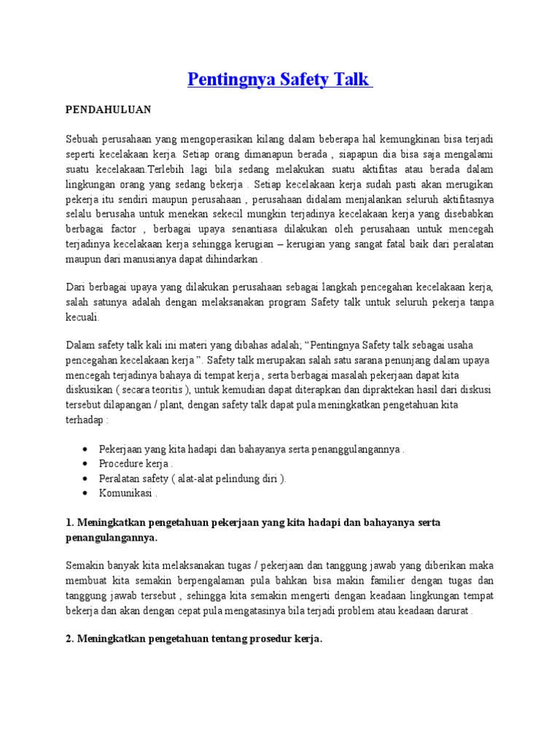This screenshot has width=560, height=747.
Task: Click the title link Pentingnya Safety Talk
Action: pos(280,79)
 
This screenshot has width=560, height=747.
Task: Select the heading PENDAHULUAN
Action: pos(108,109)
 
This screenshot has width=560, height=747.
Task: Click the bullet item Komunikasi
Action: pos(127,493)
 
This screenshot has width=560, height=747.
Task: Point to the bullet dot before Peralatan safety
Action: pos(87,479)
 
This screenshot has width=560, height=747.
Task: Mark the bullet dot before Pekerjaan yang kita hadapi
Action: pos(87,449)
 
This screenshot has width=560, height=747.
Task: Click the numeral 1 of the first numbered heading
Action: pos(69,523)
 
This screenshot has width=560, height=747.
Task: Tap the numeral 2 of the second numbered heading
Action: pos(69,638)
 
